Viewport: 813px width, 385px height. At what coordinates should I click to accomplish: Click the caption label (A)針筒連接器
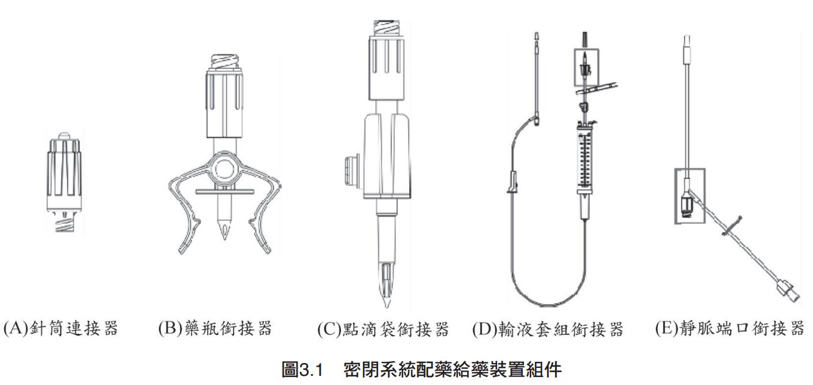pos(60,328)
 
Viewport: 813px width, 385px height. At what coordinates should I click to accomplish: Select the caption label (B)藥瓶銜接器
pos(215,328)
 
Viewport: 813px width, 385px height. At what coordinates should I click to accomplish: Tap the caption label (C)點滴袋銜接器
pos(383,329)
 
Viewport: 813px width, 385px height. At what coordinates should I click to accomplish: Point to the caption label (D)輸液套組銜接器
pos(548,329)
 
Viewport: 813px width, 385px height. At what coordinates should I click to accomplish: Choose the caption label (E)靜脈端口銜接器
pos(730,328)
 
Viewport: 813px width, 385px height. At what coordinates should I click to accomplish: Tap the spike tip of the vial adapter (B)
pos(224,239)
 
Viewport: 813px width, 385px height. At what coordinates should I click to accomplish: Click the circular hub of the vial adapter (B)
pos(225,169)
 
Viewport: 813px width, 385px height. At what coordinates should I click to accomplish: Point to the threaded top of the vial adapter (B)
pos(225,62)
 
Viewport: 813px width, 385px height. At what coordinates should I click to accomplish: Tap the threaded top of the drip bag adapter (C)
pos(387,27)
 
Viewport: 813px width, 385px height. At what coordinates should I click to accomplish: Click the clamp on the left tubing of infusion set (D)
pos(512,182)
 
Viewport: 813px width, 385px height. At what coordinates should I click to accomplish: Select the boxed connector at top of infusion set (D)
pos(586,67)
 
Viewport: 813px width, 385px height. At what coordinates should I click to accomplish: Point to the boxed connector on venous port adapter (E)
pos(690,196)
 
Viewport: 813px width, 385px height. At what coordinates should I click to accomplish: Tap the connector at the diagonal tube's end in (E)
pos(787,294)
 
